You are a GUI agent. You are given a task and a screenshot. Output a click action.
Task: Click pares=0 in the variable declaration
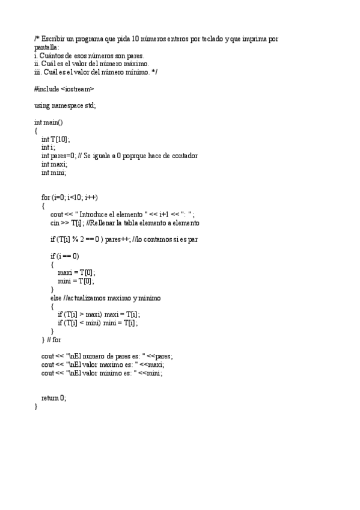click(x=64, y=156)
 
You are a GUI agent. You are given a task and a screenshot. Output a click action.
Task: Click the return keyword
click(x=49, y=398)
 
